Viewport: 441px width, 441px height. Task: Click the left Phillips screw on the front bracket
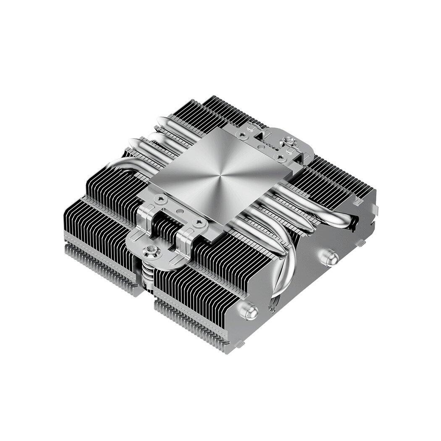click(160, 197)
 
